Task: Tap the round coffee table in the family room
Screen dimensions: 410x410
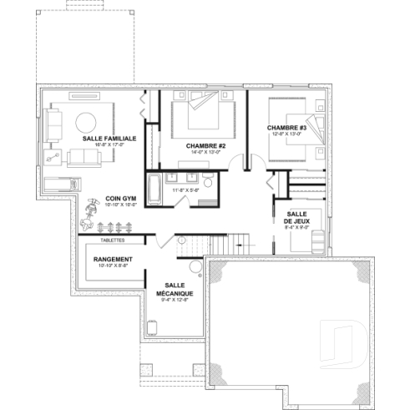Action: (88, 122)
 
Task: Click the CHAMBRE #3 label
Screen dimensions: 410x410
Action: (287, 128)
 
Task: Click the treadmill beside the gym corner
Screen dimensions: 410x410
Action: (59, 185)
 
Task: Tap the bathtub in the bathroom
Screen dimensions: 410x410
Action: (154, 189)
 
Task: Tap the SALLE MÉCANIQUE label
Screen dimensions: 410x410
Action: (179, 290)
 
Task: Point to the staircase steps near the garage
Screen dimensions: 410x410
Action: (220, 245)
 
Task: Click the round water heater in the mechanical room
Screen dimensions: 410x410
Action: (195, 267)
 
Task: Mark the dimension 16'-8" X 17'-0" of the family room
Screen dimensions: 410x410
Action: (91, 144)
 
